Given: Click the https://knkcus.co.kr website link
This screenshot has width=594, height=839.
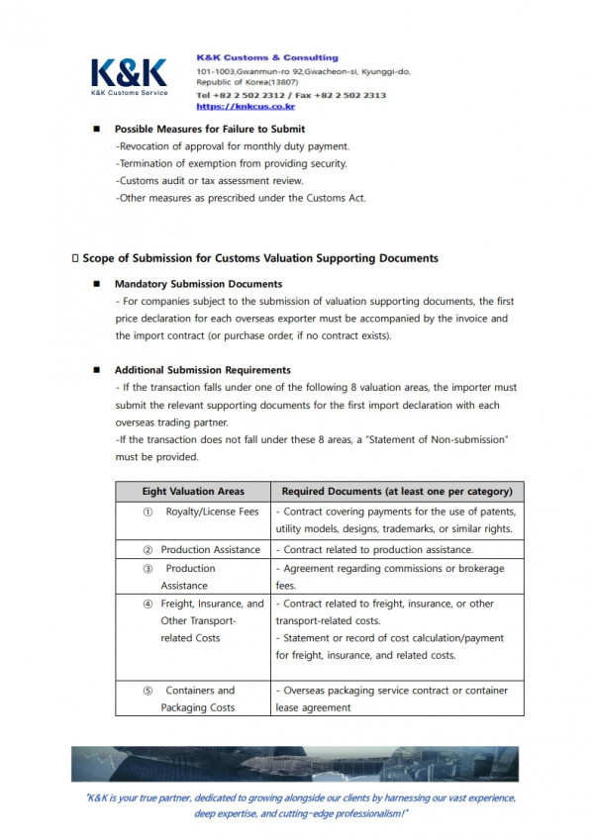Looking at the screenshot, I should click(x=246, y=106).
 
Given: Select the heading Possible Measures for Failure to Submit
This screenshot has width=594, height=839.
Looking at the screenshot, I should click(x=209, y=129).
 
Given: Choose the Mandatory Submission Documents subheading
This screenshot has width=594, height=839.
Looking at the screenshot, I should click(x=198, y=284).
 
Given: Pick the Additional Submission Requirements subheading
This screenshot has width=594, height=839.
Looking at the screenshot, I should click(x=202, y=370).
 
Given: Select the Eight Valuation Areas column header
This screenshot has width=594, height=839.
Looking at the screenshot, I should click(x=193, y=491).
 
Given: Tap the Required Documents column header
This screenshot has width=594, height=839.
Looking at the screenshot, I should click(x=397, y=491).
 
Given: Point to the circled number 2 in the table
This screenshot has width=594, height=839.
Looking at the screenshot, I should click(x=148, y=549).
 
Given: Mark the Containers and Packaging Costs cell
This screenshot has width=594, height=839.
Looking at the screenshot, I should click(x=198, y=699).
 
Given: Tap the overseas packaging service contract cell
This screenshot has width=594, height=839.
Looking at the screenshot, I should click(x=396, y=699).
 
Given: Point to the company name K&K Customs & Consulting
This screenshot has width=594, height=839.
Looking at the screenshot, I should click(x=267, y=57).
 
